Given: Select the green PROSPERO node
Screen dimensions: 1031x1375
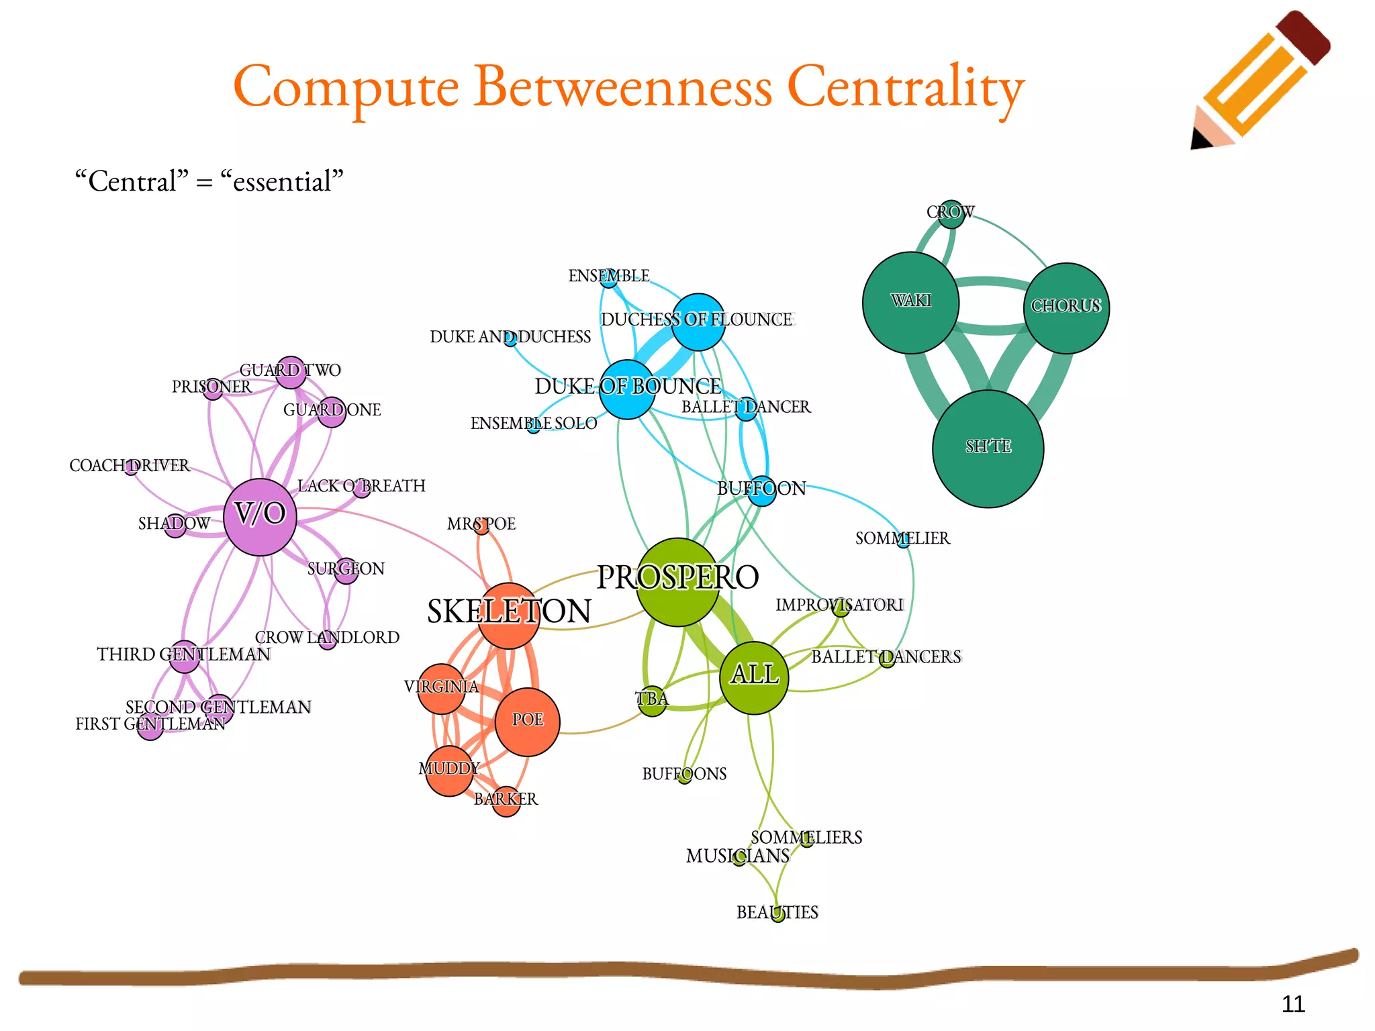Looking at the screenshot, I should click(677, 582).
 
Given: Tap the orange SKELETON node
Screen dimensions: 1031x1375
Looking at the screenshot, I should click(508, 616).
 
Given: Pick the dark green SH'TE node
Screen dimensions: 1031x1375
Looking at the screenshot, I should click(988, 448).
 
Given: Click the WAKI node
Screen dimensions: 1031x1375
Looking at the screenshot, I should click(910, 302).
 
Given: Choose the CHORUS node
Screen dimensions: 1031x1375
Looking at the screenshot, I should click(1066, 308).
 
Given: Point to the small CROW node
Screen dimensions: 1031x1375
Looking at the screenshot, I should click(951, 214).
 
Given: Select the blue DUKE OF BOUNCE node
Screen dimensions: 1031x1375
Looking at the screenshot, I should click(626, 389).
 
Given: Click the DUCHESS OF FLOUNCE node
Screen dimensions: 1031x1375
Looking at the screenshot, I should click(698, 322).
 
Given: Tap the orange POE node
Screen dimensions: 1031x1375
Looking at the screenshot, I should click(527, 722).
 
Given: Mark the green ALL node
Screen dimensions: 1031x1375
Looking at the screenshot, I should click(754, 677).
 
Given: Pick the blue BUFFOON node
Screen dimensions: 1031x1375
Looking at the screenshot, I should click(761, 491).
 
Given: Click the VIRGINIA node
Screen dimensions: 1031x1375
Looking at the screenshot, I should click(441, 689).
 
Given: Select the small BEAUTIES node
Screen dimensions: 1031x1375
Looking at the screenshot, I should click(777, 914).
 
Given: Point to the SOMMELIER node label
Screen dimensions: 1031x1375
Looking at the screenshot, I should click(902, 538).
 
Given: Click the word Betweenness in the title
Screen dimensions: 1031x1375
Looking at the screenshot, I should click(623, 87).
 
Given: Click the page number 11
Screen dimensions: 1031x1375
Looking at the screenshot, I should click(1292, 1003).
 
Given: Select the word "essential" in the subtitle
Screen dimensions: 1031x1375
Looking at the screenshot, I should click(282, 181).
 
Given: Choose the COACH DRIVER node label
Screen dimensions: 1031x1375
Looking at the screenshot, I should click(130, 465).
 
